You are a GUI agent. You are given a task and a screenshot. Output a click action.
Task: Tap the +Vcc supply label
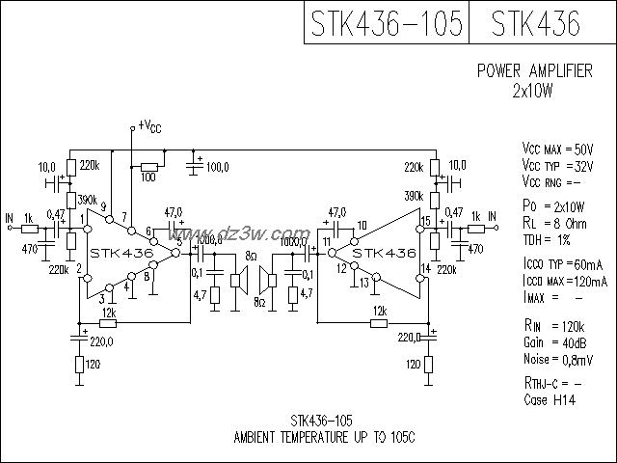click(x=149, y=125)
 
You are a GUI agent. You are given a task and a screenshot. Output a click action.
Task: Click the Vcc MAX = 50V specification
click(x=558, y=150)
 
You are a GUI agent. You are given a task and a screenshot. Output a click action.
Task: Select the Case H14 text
click(x=549, y=399)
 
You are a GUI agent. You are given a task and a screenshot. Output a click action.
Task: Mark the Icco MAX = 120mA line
click(x=562, y=279)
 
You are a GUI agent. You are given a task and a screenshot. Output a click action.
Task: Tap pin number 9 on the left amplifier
click(x=103, y=205)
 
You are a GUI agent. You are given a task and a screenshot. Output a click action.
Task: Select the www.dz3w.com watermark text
click(x=239, y=235)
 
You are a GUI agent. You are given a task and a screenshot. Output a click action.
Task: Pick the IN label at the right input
click(x=492, y=215)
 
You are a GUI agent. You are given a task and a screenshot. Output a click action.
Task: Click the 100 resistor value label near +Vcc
click(x=148, y=177)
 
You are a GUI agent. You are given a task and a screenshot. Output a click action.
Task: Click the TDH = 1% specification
click(x=549, y=238)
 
